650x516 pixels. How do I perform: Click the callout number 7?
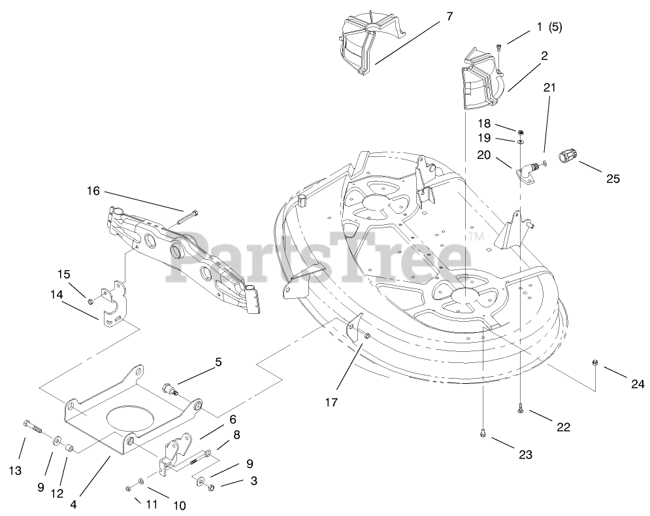point(449,16)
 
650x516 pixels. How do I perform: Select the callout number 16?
point(93,191)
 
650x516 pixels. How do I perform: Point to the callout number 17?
point(331,402)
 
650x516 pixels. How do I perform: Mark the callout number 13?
point(16,470)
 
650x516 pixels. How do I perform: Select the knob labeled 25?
point(568,156)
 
